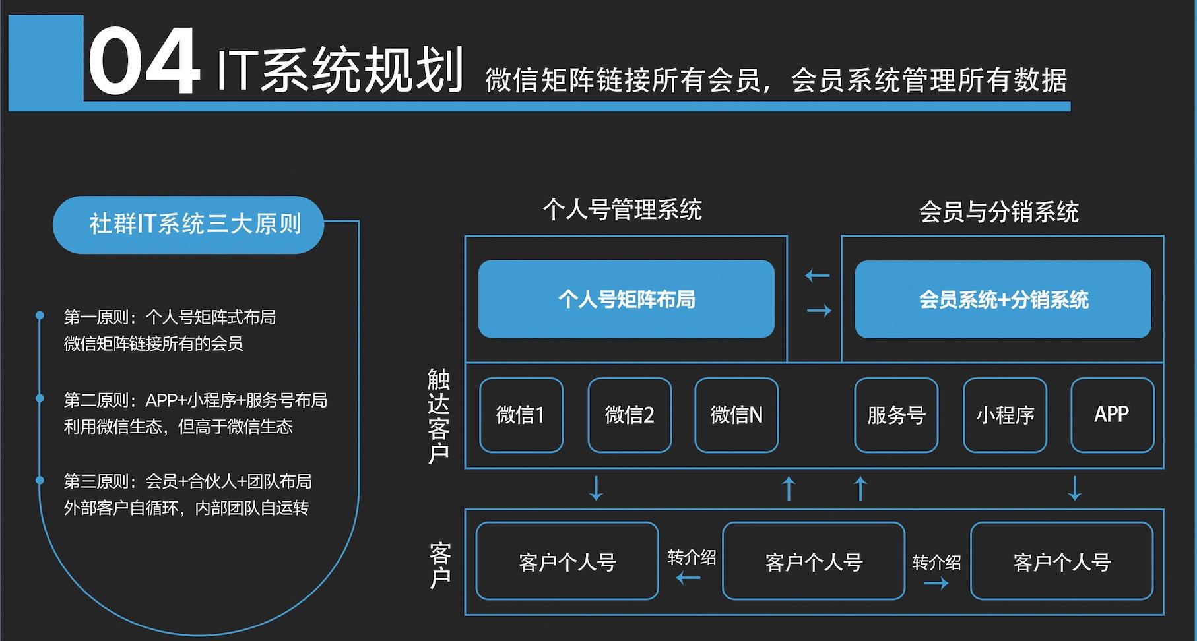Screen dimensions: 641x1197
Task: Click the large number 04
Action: [x=143, y=63]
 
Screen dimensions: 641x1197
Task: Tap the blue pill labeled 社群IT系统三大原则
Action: [x=188, y=224]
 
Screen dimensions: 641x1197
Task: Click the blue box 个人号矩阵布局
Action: [x=626, y=299]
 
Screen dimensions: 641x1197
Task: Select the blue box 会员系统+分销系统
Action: [x=1002, y=299]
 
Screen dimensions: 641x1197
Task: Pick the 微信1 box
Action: [x=521, y=415]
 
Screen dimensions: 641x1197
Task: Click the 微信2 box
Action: [x=630, y=415]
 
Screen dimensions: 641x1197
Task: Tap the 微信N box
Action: [x=736, y=415]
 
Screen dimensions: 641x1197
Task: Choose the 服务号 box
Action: [x=896, y=415]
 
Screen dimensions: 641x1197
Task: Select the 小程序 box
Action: [x=1005, y=415]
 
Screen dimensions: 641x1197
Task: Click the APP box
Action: [x=1112, y=415]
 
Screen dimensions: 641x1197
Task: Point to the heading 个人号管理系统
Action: [x=622, y=210]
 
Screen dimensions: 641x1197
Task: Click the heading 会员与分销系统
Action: [x=999, y=212]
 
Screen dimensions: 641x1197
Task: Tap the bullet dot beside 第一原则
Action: [x=40, y=316]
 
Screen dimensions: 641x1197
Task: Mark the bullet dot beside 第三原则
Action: [x=40, y=480]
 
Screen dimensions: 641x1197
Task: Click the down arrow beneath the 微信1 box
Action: [x=596, y=488]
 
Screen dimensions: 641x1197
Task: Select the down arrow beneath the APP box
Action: [x=1074, y=488]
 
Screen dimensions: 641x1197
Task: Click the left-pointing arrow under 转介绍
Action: [x=688, y=578]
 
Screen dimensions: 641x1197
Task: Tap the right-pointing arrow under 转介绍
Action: [x=936, y=583]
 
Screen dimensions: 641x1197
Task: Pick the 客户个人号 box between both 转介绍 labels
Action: [x=814, y=561]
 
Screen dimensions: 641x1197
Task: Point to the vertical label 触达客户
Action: [x=439, y=416]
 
